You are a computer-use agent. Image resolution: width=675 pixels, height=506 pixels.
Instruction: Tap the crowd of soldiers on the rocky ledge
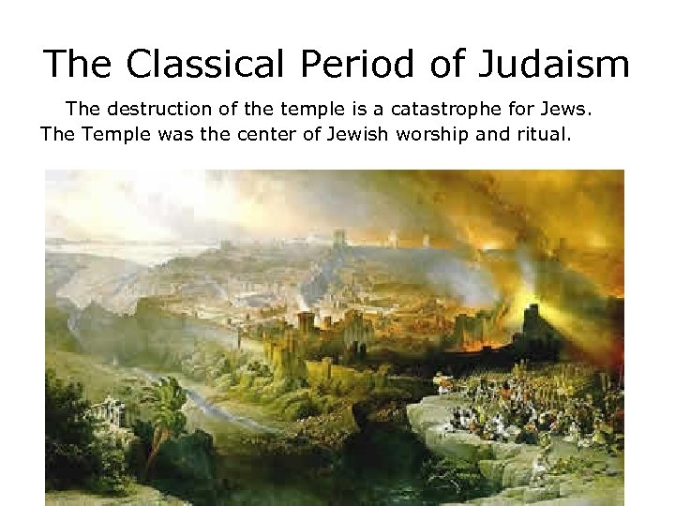(x=525, y=403)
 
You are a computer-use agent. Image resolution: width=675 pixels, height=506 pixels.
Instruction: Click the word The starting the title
(x=77, y=64)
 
